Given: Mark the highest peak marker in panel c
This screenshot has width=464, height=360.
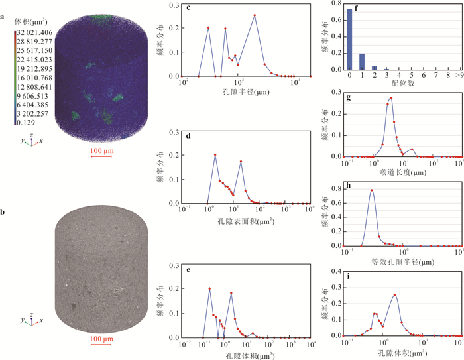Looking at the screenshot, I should (255, 15).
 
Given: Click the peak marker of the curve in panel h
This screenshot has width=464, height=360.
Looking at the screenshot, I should (372, 191).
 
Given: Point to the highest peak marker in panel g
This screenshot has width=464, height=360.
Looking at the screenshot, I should (391, 98).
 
